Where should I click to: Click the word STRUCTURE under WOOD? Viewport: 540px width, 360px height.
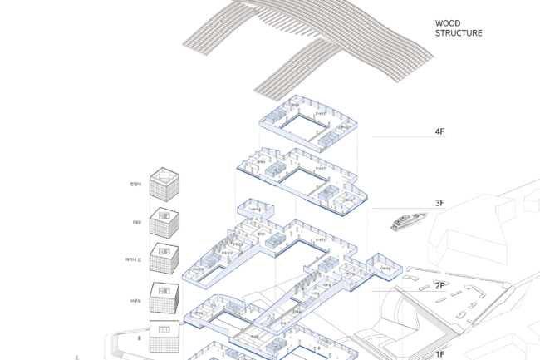click(x=459, y=34)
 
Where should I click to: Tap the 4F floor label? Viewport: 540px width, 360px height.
click(x=440, y=131)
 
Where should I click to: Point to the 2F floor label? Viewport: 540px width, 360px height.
click(x=440, y=286)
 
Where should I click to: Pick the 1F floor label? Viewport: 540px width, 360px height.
click(x=440, y=354)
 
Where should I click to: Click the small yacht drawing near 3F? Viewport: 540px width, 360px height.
click(x=406, y=221)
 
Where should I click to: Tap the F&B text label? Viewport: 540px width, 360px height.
click(x=136, y=222)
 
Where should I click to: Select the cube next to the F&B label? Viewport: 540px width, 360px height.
click(x=164, y=224)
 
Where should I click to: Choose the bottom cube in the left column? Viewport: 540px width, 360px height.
click(x=164, y=334)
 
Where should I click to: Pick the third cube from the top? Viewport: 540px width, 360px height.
click(x=164, y=260)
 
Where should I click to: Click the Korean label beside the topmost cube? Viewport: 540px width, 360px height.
click(x=135, y=184)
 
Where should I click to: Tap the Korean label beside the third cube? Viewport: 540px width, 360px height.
click(x=133, y=261)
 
